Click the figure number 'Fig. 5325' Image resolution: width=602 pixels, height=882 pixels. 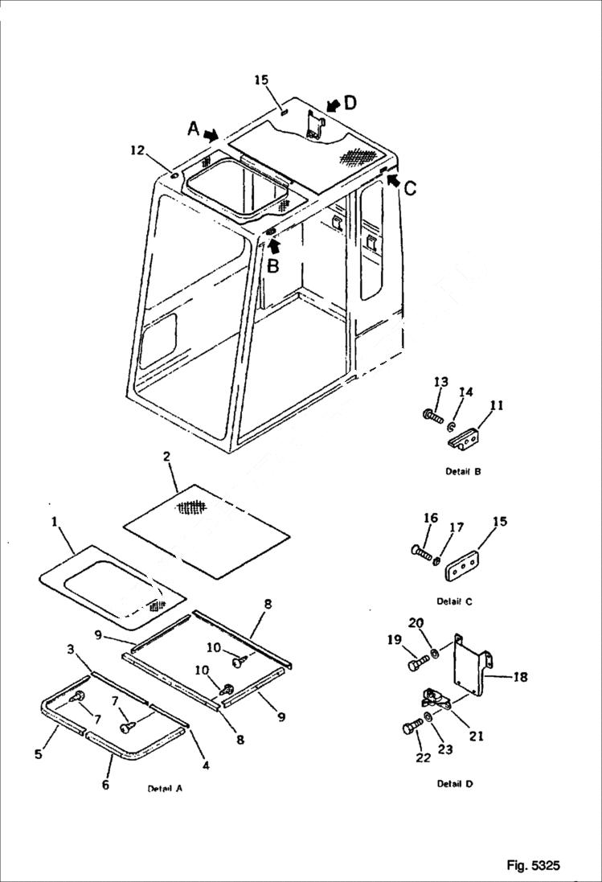pos(533,865)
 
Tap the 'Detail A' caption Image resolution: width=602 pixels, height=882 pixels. pos(165,789)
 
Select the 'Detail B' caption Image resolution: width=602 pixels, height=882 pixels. pos(463,472)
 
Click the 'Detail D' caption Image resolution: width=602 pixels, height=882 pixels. pos(455,784)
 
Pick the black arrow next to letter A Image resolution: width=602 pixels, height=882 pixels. pos(211,135)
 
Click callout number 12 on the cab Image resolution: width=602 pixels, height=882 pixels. pos(138,150)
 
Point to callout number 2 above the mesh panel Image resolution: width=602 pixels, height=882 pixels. pos(166,457)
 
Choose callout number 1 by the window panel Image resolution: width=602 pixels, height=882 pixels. pos(55,522)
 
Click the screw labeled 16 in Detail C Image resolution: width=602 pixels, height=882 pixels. pos(423,552)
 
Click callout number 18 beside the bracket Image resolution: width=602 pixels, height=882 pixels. pos(520,677)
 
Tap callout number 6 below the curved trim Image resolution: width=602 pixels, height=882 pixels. pos(105,785)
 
